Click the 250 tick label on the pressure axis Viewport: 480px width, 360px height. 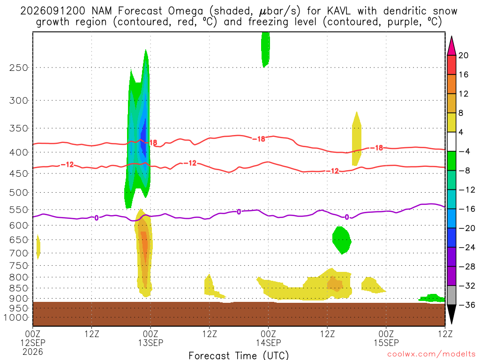pos(19,67)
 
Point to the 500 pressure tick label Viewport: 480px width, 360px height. pos(19,193)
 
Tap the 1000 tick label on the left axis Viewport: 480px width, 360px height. pos(16,318)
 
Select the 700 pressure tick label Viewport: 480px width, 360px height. pos(19,253)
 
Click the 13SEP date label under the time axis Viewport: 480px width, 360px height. pos(150,343)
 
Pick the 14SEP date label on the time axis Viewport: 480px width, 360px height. pos(269,343)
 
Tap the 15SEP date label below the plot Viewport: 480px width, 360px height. pos(386,343)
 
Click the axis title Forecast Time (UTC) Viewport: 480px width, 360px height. pos(239,355)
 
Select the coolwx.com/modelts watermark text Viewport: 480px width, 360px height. pos(431,354)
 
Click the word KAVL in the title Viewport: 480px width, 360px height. pos(339,11)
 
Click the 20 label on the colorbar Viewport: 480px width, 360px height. pos(464,55)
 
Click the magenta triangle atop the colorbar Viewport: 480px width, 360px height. pos(451,46)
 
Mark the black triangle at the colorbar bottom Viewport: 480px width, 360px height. pos(451,314)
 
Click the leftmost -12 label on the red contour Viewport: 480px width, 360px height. pos(67,165)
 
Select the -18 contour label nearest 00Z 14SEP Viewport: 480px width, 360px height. pos(259,139)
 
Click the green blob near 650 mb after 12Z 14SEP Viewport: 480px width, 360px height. pos(342,240)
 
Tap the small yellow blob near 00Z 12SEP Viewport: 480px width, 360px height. pos(38,247)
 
